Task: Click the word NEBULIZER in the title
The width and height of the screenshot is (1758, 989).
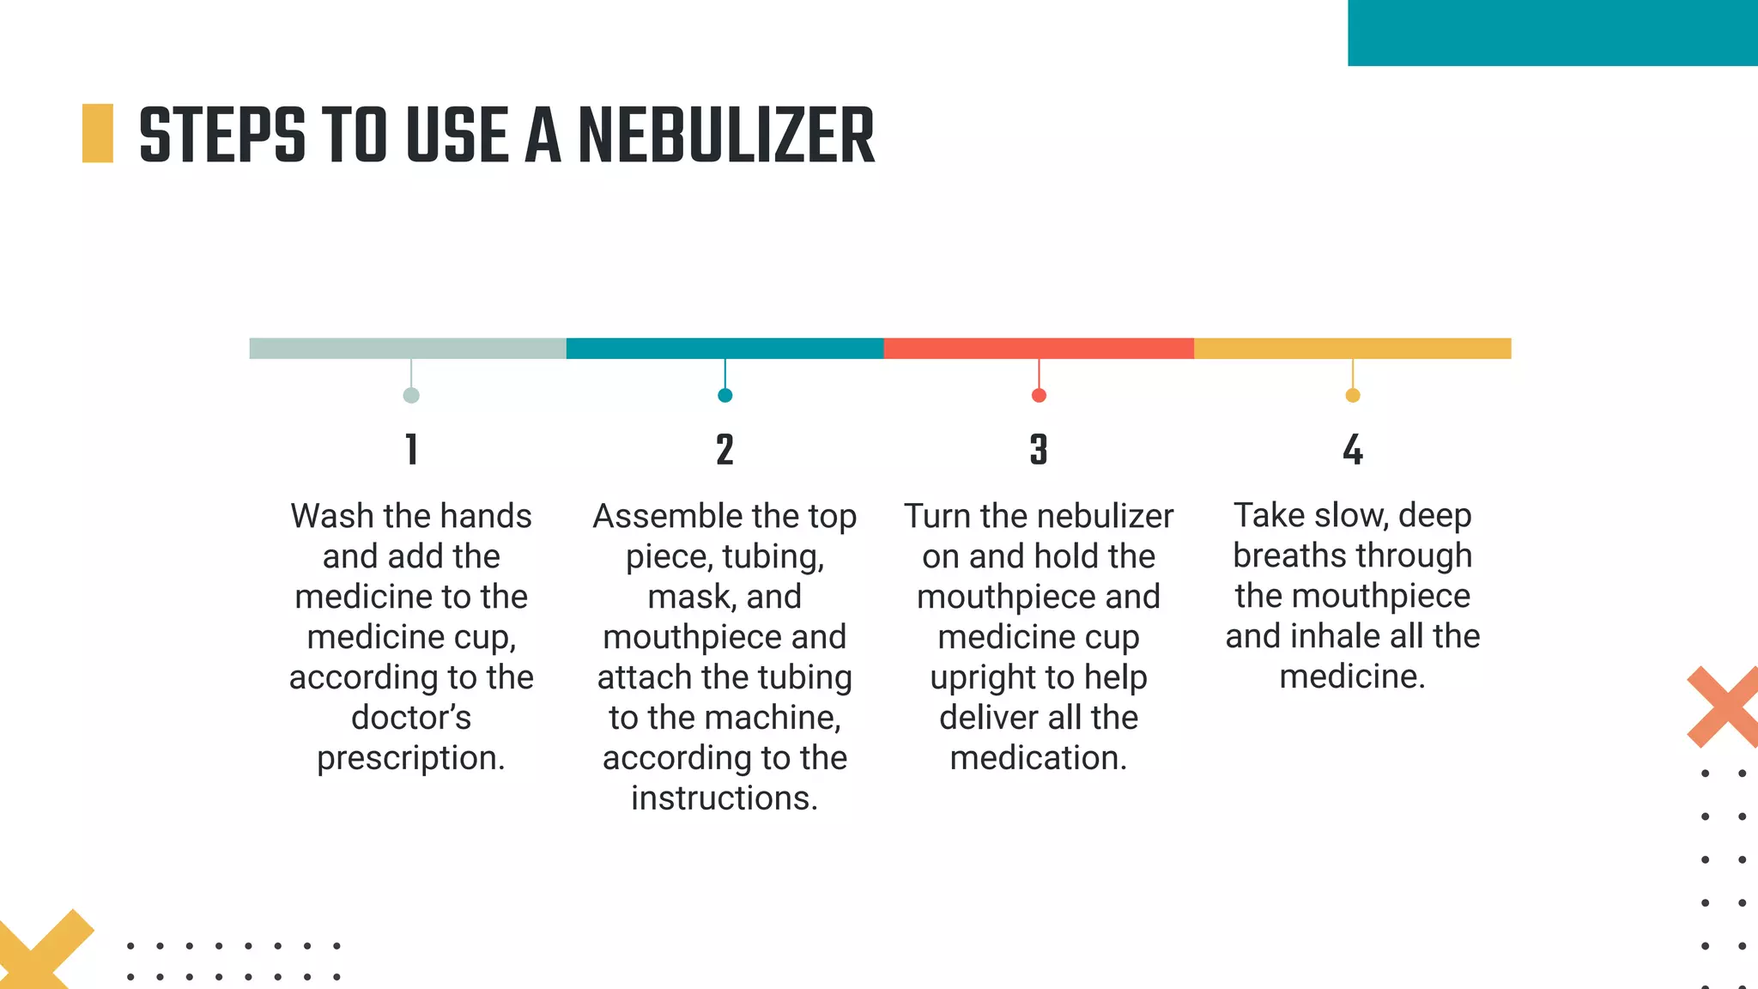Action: pyautogui.click(x=726, y=136)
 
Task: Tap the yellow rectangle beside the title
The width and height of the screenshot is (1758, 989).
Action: pyautogui.click(x=98, y=133)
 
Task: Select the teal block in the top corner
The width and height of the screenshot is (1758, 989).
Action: pyautogui.click(x=1552, y=33)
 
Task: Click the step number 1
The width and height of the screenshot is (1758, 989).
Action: pyautogui.click(x=411, y=450)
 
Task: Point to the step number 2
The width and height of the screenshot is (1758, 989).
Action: pyautogui.click(x=724, y=450)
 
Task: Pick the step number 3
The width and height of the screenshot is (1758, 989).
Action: pyautogui.click(x=1039, y=450)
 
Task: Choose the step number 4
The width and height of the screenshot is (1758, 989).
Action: pyautogui.click(x=1353, y=450)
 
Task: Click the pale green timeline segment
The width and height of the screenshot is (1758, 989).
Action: pyautogui.click(x=408, y=349)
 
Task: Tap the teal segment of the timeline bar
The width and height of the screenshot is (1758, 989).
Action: pyautogui.click(x=724, y=349)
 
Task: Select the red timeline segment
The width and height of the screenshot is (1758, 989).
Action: pyautogui.click(x=1039, y=349)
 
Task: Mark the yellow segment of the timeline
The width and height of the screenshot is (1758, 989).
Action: pyautogui.click(x=1353, y=349)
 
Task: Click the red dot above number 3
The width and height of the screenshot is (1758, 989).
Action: pyautogui.click(x=1039, y=396)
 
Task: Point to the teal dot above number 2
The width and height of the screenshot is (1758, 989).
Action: pyautogui.click(x=724, y=396)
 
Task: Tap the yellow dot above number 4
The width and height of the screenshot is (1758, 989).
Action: pyautogui.click(x=1353, y=396)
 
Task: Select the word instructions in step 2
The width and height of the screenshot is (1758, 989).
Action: pyautogui.click(x=724, y=798)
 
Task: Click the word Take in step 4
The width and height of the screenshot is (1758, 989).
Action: pyautogui.click(x=1269, y=515)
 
